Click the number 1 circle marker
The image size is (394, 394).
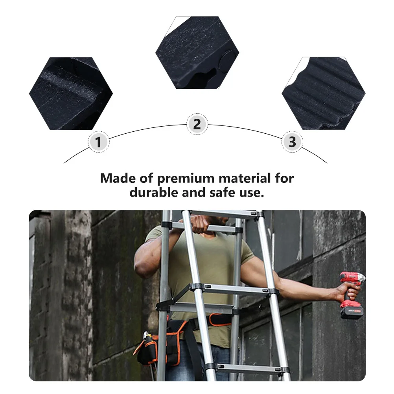pyautogui.click(x=98, y=142)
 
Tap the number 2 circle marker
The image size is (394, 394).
pyautogui.click(x=197, y=124)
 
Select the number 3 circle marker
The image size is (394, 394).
pyautogui.click(x=292, y=142)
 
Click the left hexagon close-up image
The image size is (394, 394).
pyautogui.click(x=71, y=94)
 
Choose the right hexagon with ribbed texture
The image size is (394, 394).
pyautogui.click(x=323, y=94)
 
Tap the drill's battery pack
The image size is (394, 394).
pyautogui.click(x=352, y=312)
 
